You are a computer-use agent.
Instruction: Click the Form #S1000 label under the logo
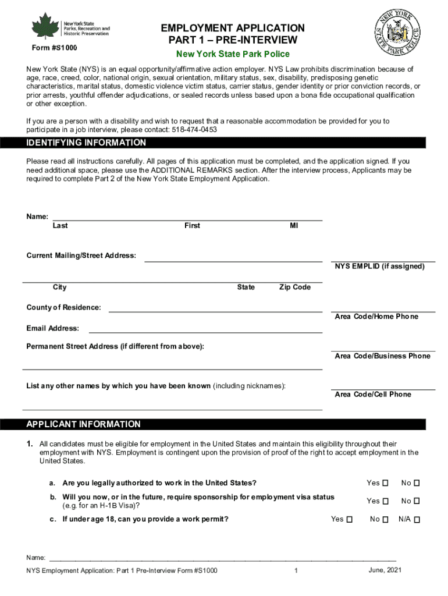coord(55,47)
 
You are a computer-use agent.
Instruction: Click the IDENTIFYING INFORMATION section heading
coord(87,143)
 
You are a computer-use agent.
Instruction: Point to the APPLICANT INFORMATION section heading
coord(84,424)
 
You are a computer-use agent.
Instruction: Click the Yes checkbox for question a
coord(385,483)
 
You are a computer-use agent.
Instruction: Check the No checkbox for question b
coord(417,501)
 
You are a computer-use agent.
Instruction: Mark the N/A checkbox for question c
coord(417,519)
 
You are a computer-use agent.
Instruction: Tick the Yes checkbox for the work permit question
coord(349,519)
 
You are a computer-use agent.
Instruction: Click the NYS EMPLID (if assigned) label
coord(379,267)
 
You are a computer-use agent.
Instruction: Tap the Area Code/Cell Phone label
coord(372,395)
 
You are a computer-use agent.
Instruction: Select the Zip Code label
coord(294,288)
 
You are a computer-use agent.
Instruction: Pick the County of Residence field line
coord(215,311)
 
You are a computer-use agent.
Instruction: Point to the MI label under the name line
coord(294,226)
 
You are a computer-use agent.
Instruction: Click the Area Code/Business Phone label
coord(382,356)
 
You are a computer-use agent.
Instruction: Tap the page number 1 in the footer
coord(296,571)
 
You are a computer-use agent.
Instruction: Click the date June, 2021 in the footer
coord(385,570)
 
